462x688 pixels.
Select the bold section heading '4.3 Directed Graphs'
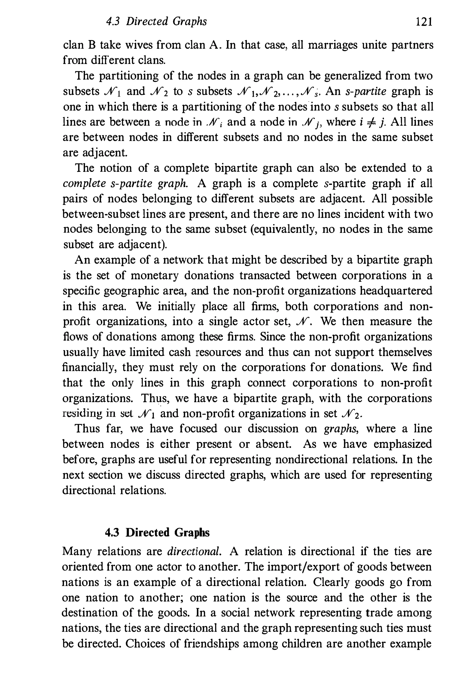[157, 532]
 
